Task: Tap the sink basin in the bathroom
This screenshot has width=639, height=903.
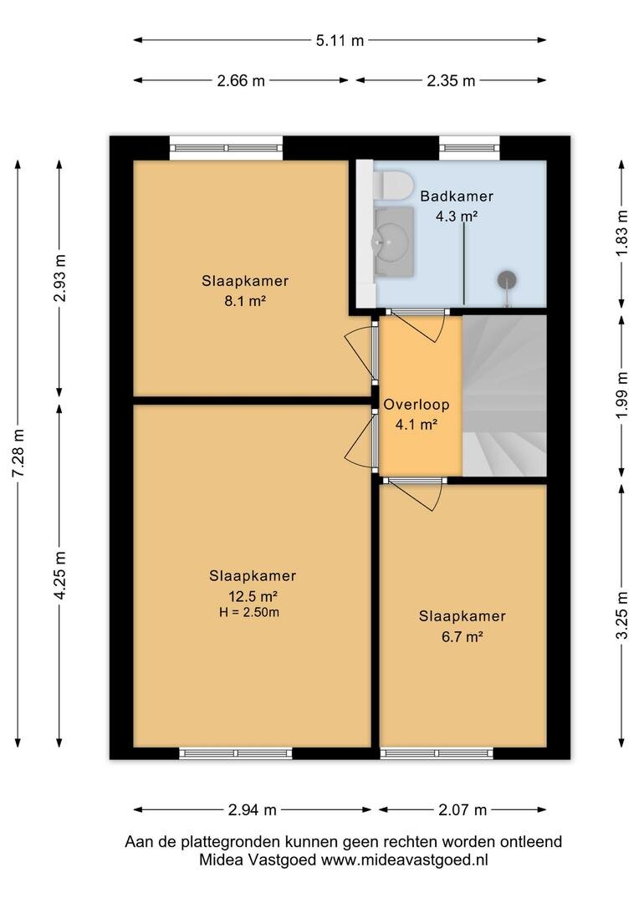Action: pos(393,242)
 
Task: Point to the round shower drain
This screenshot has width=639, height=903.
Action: pos(507,280)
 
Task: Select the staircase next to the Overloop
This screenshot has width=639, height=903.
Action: pos(504,395)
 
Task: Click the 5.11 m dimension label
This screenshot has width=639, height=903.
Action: pos(340,40)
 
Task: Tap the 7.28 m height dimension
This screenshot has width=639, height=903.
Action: pos(18,453)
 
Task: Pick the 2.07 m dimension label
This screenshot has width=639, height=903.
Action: pos(463,809)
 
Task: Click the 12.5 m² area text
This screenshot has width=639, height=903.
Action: pos(253,595)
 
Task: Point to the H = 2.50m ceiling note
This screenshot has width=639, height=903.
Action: pos(249,612)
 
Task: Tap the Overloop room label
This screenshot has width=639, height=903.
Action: pos(416,405)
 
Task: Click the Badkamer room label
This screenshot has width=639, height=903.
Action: pos(457,196)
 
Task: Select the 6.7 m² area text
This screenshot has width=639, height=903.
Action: pos(463,637)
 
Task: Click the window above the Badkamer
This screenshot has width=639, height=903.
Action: pos(469,148)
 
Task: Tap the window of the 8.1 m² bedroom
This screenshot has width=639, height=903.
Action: pos(226,148)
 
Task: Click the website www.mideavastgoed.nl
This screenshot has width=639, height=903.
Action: pos(404,860)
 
